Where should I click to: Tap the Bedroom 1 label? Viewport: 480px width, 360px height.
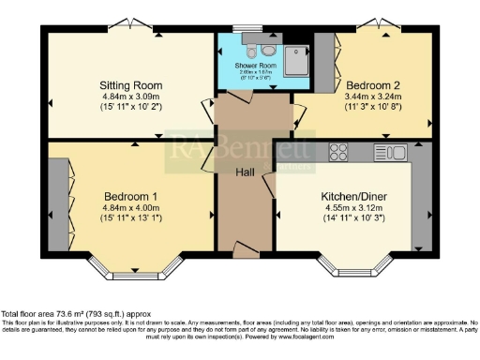124,195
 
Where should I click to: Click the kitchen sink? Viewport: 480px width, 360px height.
389,151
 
